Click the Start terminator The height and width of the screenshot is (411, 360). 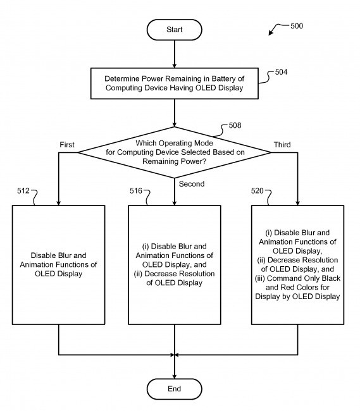click(x=174, y=29)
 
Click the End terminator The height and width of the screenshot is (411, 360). click(x=174, y=388)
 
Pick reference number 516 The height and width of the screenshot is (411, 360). click(x=137, y=189)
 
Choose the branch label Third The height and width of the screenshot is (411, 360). click(x=282, y=145)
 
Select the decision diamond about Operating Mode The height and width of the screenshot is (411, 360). click(x=174, y=152)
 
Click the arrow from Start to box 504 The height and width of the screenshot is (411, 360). click(x=174, y=56)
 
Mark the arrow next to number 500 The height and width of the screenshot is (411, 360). click(x=276, y=29)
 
